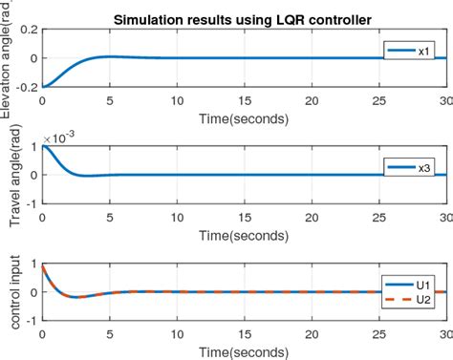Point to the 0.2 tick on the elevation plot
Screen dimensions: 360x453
27,30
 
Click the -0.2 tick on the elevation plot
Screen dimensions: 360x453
25,87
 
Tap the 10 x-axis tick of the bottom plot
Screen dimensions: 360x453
178,331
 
